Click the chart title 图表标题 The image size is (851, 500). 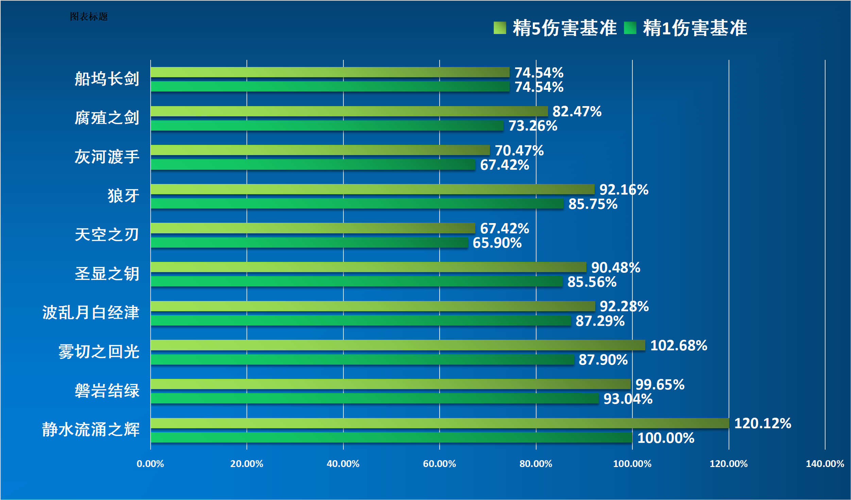coord(88,16)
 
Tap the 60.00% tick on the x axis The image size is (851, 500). coord(439,464)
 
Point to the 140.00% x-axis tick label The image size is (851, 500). coord(825,464)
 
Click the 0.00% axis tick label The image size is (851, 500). coord(150,464)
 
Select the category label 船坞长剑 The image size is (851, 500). coord(107,79)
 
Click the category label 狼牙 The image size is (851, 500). coord(123,196)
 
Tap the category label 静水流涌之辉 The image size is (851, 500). coord(90,430)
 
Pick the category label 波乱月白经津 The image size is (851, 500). coord(90,313)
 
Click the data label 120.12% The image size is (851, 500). coord(763,423)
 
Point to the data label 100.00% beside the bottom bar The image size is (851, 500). coord(666,438)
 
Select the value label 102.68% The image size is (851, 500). coord(679,346)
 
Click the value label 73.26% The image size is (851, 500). coord(533,126)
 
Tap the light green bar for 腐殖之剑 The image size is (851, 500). coord(349,111)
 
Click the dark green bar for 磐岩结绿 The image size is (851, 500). coord(374,398)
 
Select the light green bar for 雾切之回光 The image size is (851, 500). coord(398,345)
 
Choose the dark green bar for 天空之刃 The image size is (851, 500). coord(309,243)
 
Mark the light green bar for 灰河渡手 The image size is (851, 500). coord(320,150)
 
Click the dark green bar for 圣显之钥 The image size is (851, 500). coord(357,281)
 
